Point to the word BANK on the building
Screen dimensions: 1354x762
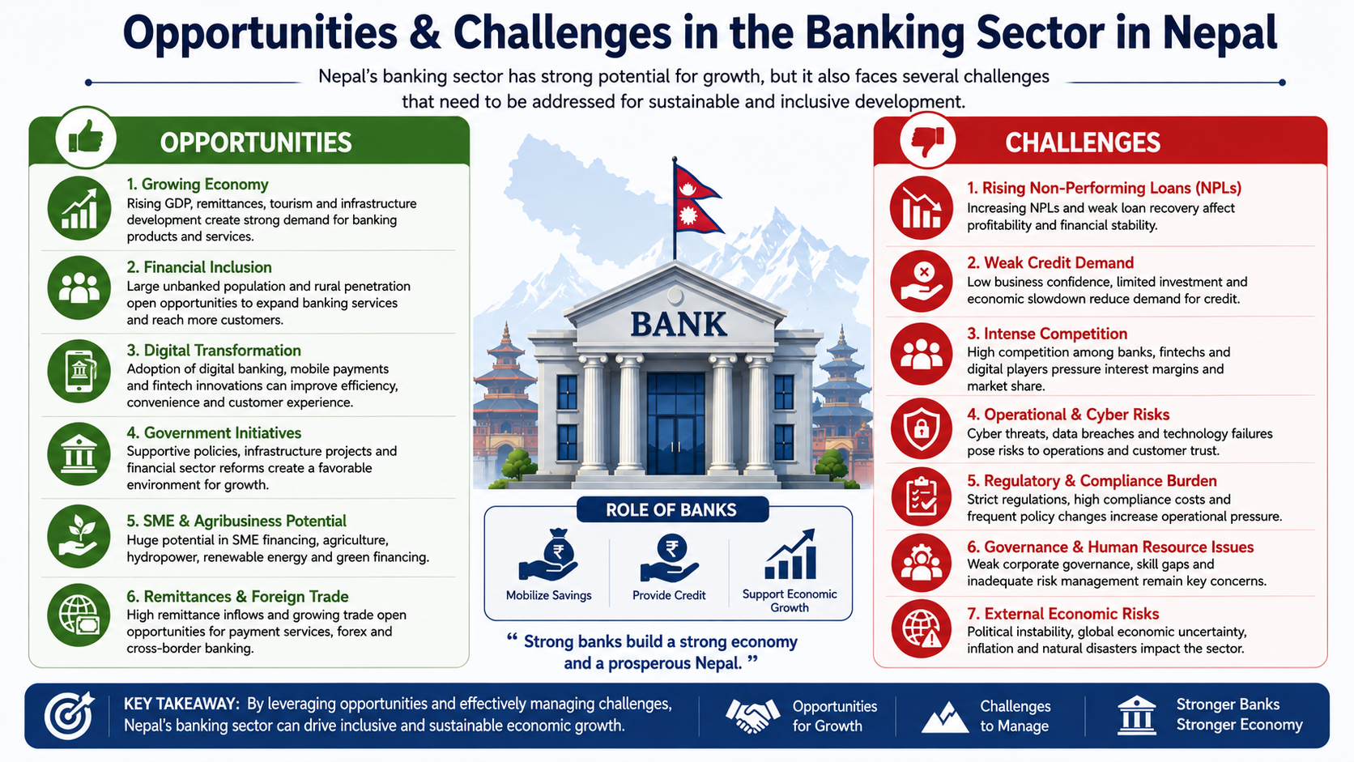click(x=678, y=325)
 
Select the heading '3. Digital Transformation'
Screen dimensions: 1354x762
click(x=213, y=351)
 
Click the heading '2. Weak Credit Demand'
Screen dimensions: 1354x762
click(x=1050, y=263)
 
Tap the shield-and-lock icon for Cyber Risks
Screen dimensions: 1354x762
click(x=922, y=428)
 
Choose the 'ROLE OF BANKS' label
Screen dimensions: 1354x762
click(x=671, y=510)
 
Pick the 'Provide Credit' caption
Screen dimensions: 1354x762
click(x=669, y=595)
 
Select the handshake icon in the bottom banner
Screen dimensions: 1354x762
click(x=752, y=716)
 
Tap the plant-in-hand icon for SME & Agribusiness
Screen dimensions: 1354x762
click(x=79, y=536)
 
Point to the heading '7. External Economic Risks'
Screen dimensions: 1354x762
click(x=1062, y=614)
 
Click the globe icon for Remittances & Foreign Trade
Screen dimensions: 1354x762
click(x=79, y=615)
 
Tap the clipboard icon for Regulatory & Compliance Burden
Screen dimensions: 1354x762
click(x=922, y=496)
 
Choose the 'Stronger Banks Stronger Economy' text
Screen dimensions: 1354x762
click(x=1239, y=714)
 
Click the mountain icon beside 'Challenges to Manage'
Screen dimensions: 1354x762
click(x=945, y=718)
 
